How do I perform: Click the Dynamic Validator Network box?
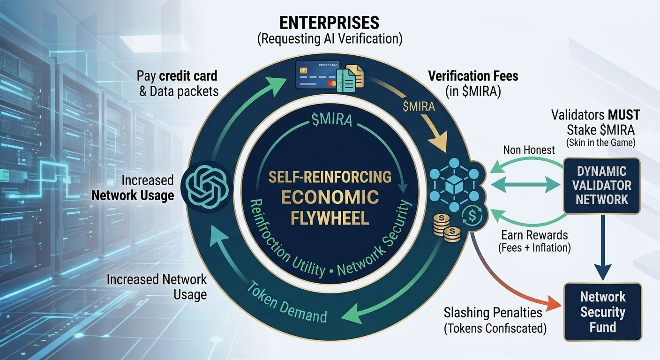(x=602, y=186)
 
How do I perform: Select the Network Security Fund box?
(x=602, y=312)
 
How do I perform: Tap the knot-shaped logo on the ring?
(x=205, y=186)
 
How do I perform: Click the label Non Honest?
(x=529, y=150)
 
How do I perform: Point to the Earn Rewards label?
(x=534, y=235)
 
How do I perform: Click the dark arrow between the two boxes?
(x=603, y=251)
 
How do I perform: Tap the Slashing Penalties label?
(x=493, y=313)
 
